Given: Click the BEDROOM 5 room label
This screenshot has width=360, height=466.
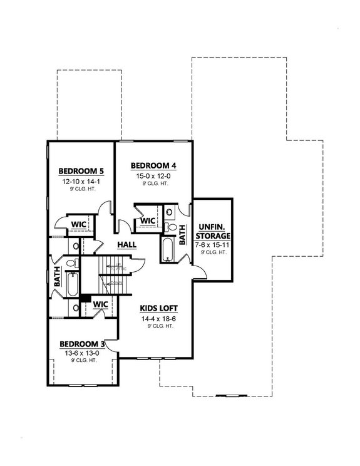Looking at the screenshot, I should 81,170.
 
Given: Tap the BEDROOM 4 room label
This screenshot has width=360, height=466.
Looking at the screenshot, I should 153,166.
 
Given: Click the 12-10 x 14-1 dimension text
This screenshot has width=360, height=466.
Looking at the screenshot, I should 81,181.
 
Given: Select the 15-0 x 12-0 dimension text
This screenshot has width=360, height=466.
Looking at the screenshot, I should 153,177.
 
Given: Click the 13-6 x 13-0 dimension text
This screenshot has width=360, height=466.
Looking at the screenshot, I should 81,353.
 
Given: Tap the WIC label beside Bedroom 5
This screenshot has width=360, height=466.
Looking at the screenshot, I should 78,224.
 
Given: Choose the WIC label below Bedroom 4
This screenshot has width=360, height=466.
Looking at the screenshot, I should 148,222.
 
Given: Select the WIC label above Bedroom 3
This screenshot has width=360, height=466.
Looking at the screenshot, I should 101,304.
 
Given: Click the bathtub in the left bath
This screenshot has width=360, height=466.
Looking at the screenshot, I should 72,285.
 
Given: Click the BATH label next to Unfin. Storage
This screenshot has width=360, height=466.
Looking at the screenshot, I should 183,235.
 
